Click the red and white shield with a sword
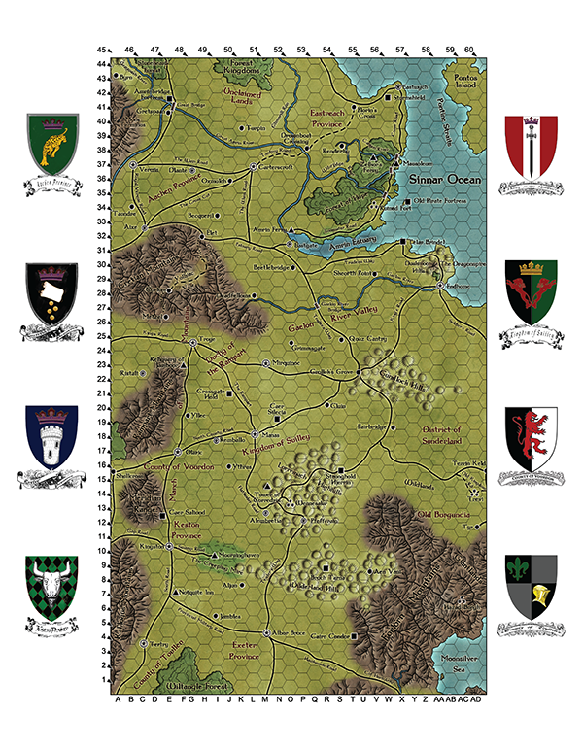[x=531, y=146]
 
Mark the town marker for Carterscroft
[x=253, y=166]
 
